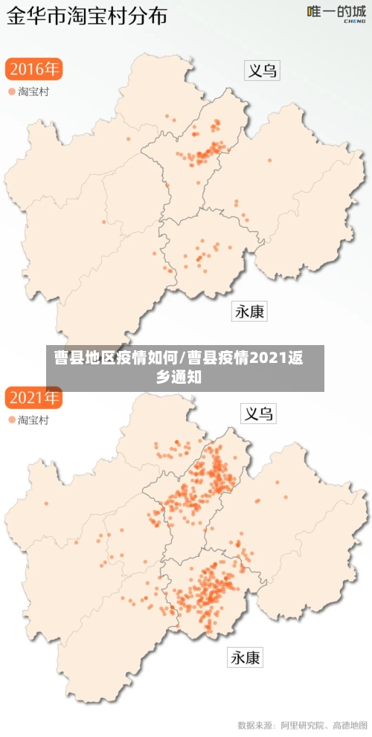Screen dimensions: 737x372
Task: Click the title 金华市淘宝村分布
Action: coord(87,16)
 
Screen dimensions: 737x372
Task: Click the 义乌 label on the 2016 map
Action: coord(262,71)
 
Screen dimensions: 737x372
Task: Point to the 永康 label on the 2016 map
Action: coord(250,312)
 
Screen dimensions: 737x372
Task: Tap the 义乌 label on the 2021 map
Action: coord(258,414)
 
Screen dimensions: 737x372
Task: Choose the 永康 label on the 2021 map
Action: coord(246,657)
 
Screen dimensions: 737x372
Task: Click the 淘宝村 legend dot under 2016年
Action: coord(11,91)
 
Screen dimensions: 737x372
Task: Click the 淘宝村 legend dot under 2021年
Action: coord(11,420)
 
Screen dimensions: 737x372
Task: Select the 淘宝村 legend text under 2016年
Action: coord(34,91)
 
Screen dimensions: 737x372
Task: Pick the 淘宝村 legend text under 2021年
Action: coord(34,420)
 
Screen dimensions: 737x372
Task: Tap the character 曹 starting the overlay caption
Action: coord(61,358)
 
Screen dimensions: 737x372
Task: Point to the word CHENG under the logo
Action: coord(353,22)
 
